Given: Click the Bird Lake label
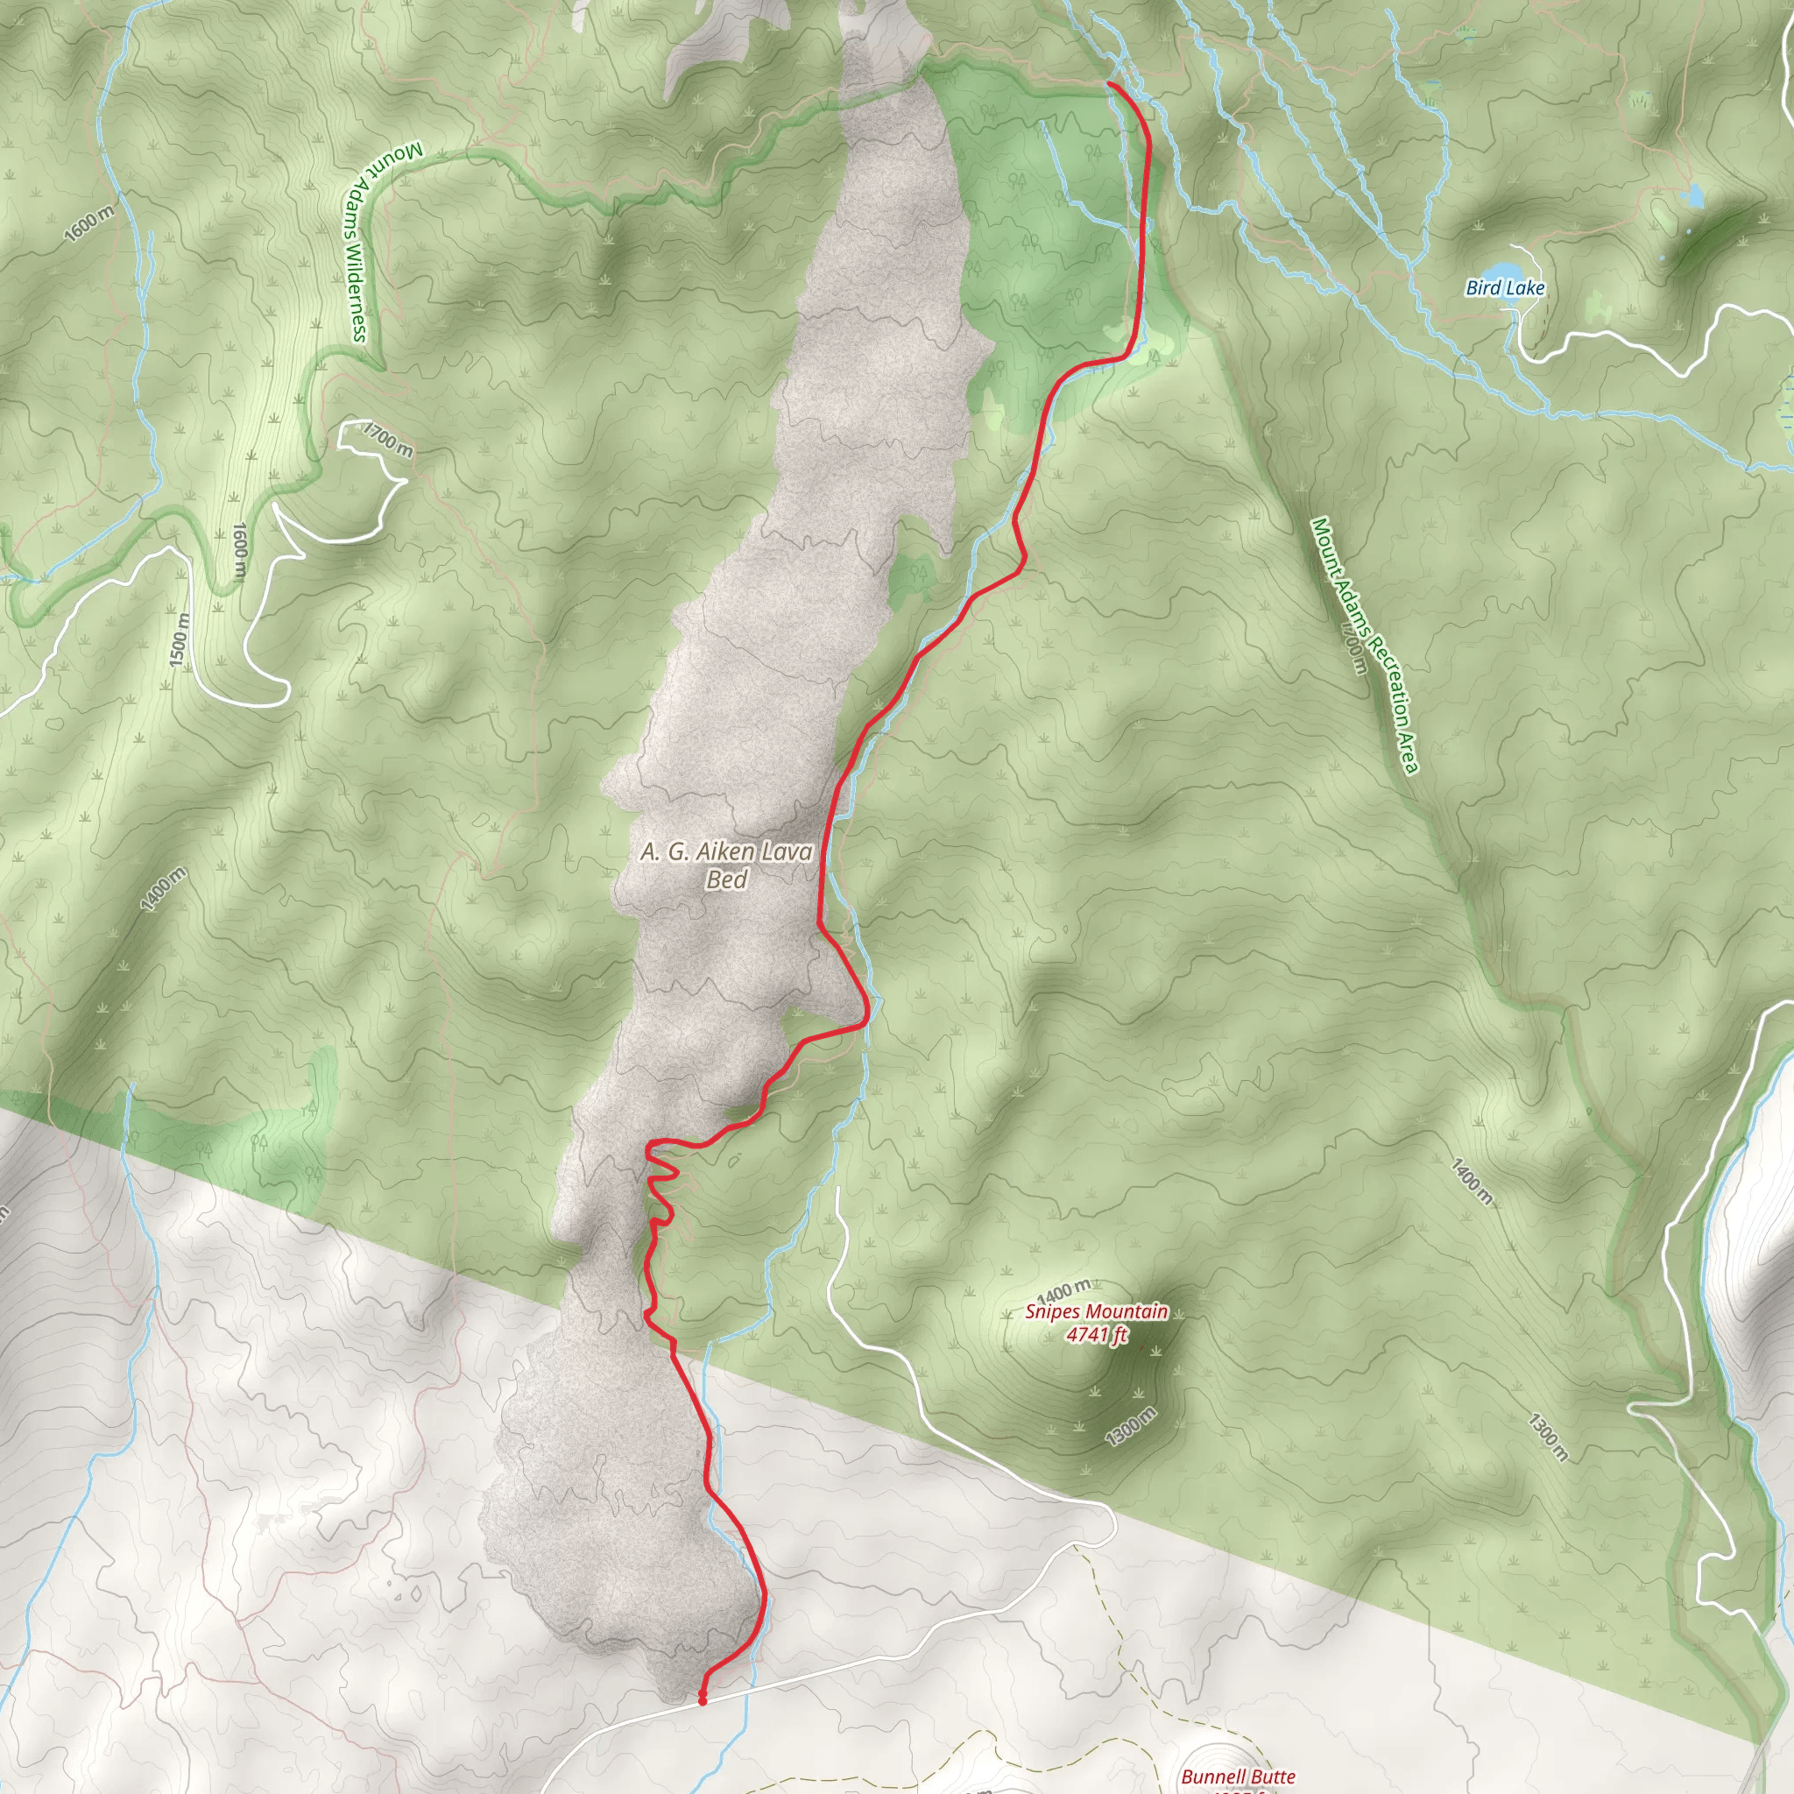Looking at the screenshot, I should click(x=1504, y=288).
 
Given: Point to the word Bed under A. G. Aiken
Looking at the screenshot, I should click(x=726, y=879).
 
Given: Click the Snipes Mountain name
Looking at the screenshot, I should click(x=1097, y=1312).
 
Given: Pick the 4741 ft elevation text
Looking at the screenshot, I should click(x=1097, y=1335).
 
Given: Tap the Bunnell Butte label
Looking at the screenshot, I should click(x=1238, y=1776).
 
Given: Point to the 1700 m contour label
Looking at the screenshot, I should click(x=388, y=439).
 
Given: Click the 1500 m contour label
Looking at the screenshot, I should click(x=180, y=640).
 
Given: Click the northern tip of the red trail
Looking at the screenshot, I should click(x=1109, y=83).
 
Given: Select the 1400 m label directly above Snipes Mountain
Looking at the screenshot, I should click(x=1064, y=1289).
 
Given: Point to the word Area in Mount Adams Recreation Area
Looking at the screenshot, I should click(x=1408, y=753).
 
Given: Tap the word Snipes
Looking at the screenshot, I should click(x=1053, y=1312).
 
